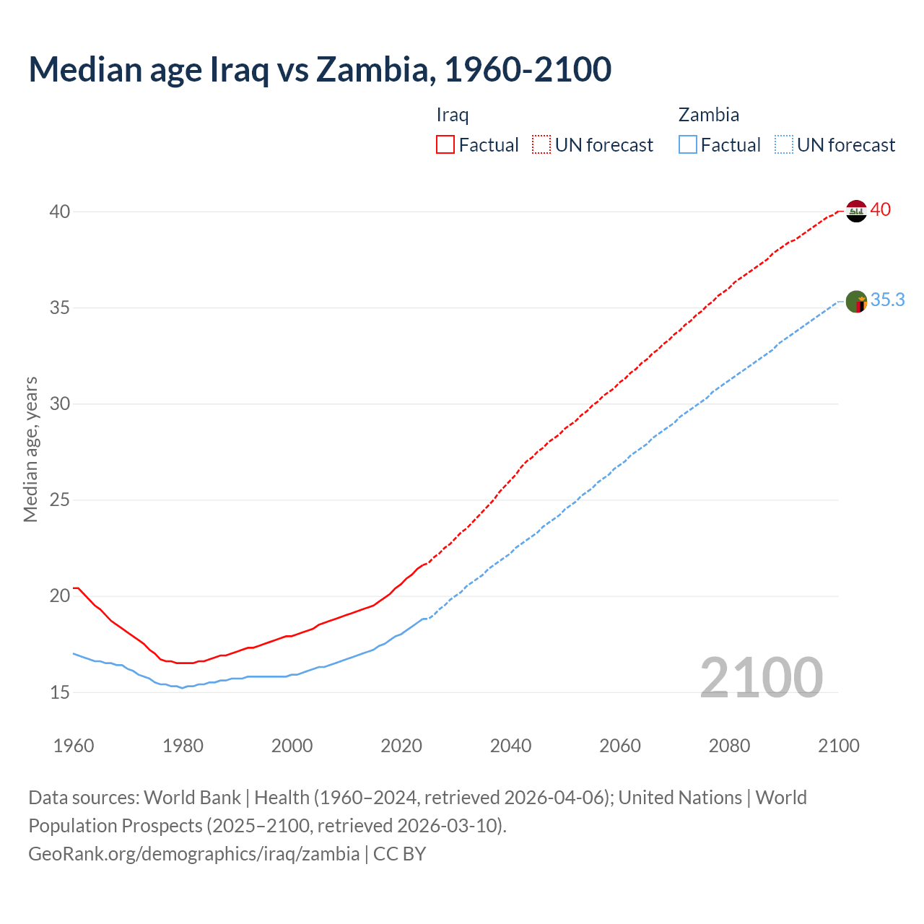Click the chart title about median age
[320, 69]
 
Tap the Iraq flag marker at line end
[855, 211]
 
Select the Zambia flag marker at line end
[856, 302]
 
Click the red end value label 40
[880, 210]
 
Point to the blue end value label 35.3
[887, 300]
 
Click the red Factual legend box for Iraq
[445, 145]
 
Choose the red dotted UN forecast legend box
[541, 145]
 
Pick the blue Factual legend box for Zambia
[688, 145]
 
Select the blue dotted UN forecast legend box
[783, 145]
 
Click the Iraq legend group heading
[453, 115]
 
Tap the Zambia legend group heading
[708, 115]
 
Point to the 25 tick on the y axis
[60, 500]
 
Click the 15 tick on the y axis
[60, 692]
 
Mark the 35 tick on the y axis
[60, 308]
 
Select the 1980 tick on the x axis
[183, 746]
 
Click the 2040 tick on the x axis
[510, 746]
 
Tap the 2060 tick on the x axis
[619, 746]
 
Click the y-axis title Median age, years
[30, 449]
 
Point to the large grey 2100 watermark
[761, 678]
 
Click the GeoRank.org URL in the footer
[193, 854]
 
